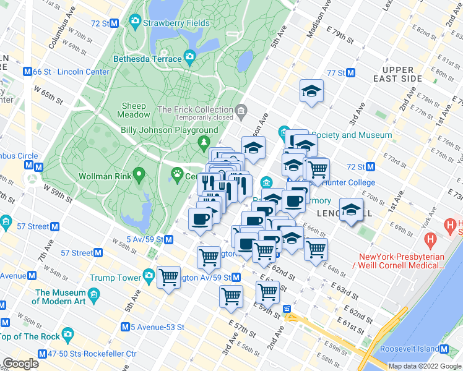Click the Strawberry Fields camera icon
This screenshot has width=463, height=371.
[x=134, y=23]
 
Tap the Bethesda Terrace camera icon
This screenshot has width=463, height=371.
[x=190, y=59]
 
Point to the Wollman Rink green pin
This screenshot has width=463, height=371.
[x=139, y=176]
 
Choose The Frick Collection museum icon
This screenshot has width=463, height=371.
[x=241, y=110]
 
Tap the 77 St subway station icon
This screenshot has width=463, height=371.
[x=350, y=73]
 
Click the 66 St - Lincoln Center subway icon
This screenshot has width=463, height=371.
[x=27, y=72]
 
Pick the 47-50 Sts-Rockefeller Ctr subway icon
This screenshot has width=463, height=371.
[x=42, y=354]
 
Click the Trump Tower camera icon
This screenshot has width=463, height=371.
[x=149, y=275]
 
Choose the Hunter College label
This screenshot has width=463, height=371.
[x=347, y=182]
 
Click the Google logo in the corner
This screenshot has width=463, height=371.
[x=20, y=364]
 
